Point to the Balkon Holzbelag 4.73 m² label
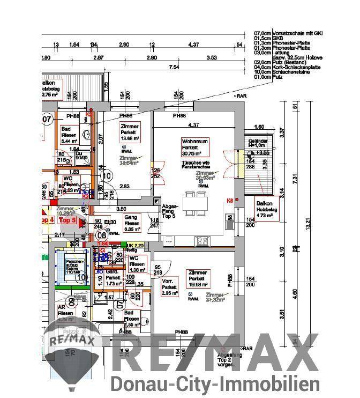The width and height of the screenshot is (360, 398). pyautogui.click(x=265, y=210)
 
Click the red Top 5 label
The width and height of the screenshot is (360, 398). pyautogui.click(x=67, y=220)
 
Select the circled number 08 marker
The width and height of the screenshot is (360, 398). pyautogui.click(x=101, y=234)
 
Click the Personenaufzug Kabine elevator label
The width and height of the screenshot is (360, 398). pyautogui.click(x=70, y=265)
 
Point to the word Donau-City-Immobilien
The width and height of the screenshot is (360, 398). pyautogui.click(x=215, y=384)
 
